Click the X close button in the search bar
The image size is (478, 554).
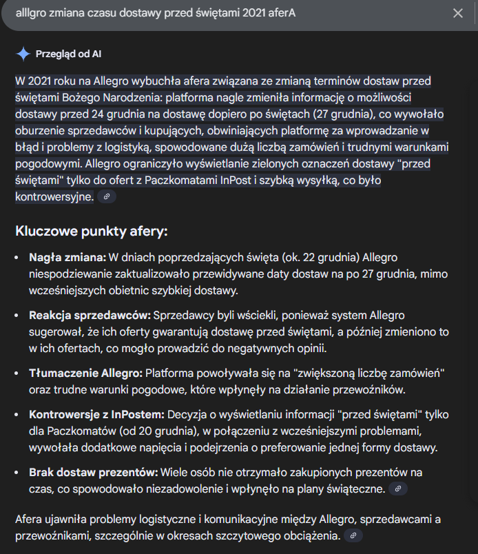coord(458,13)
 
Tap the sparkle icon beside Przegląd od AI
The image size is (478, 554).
coord(23,54)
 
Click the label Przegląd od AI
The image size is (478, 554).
coord(68,54)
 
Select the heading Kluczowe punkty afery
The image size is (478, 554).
coord(91,231)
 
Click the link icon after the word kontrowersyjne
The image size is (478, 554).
coord(106,197)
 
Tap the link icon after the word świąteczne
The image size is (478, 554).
coord(397,489)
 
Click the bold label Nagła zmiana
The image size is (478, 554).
coord(67,257)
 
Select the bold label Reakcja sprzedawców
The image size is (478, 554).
coord(90,316)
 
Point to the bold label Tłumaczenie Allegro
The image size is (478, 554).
coord(85,373)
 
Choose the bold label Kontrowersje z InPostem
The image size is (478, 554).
coord(96,415)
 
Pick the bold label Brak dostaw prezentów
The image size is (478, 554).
coord(93,473)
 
